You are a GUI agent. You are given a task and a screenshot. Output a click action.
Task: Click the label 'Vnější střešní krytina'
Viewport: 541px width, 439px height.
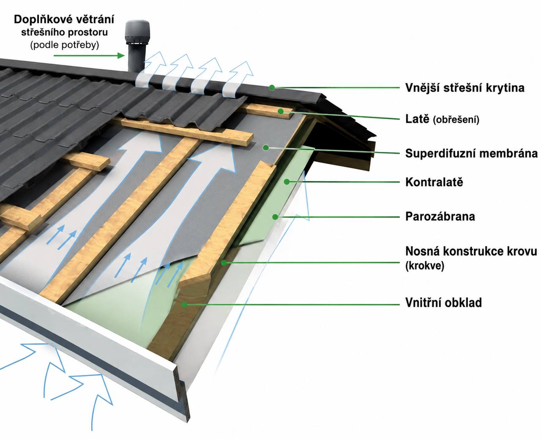click(465, 88)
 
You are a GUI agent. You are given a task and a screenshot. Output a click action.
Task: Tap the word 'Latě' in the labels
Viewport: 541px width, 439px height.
click(417, 119)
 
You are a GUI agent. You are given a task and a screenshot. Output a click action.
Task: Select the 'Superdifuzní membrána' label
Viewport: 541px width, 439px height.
click(471, 153)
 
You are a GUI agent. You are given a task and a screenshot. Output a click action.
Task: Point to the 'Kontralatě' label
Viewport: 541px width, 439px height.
click(434, 182)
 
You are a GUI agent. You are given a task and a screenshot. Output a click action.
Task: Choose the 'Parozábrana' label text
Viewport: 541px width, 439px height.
click(440, 216)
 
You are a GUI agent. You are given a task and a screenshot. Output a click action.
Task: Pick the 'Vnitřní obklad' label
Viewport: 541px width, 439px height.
click(443, 302)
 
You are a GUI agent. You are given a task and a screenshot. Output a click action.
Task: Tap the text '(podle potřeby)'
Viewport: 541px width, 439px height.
click(65, 45)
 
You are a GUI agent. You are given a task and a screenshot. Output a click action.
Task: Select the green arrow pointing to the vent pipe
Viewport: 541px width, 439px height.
click(89, 56)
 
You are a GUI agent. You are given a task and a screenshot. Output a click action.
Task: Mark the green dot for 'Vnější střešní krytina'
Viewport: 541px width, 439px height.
click(272, 88)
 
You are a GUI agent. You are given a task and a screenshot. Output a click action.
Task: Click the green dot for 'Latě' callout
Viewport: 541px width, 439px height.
click(281, 111)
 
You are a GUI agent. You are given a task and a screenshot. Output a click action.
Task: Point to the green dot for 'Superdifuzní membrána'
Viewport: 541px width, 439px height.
click(266, 147)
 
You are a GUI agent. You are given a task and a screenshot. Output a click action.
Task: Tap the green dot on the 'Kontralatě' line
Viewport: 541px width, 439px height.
click(287, 182)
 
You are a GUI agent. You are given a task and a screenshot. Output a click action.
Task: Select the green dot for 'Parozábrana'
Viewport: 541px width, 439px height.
click(275, 217)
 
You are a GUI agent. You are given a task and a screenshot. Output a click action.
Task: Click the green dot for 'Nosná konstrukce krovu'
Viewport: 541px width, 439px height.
click(224, 263)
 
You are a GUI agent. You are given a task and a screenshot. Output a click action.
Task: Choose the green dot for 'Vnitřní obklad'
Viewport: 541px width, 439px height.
click(185, 304)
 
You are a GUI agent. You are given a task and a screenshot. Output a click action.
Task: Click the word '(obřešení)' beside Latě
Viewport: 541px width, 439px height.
click(456, 120)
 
